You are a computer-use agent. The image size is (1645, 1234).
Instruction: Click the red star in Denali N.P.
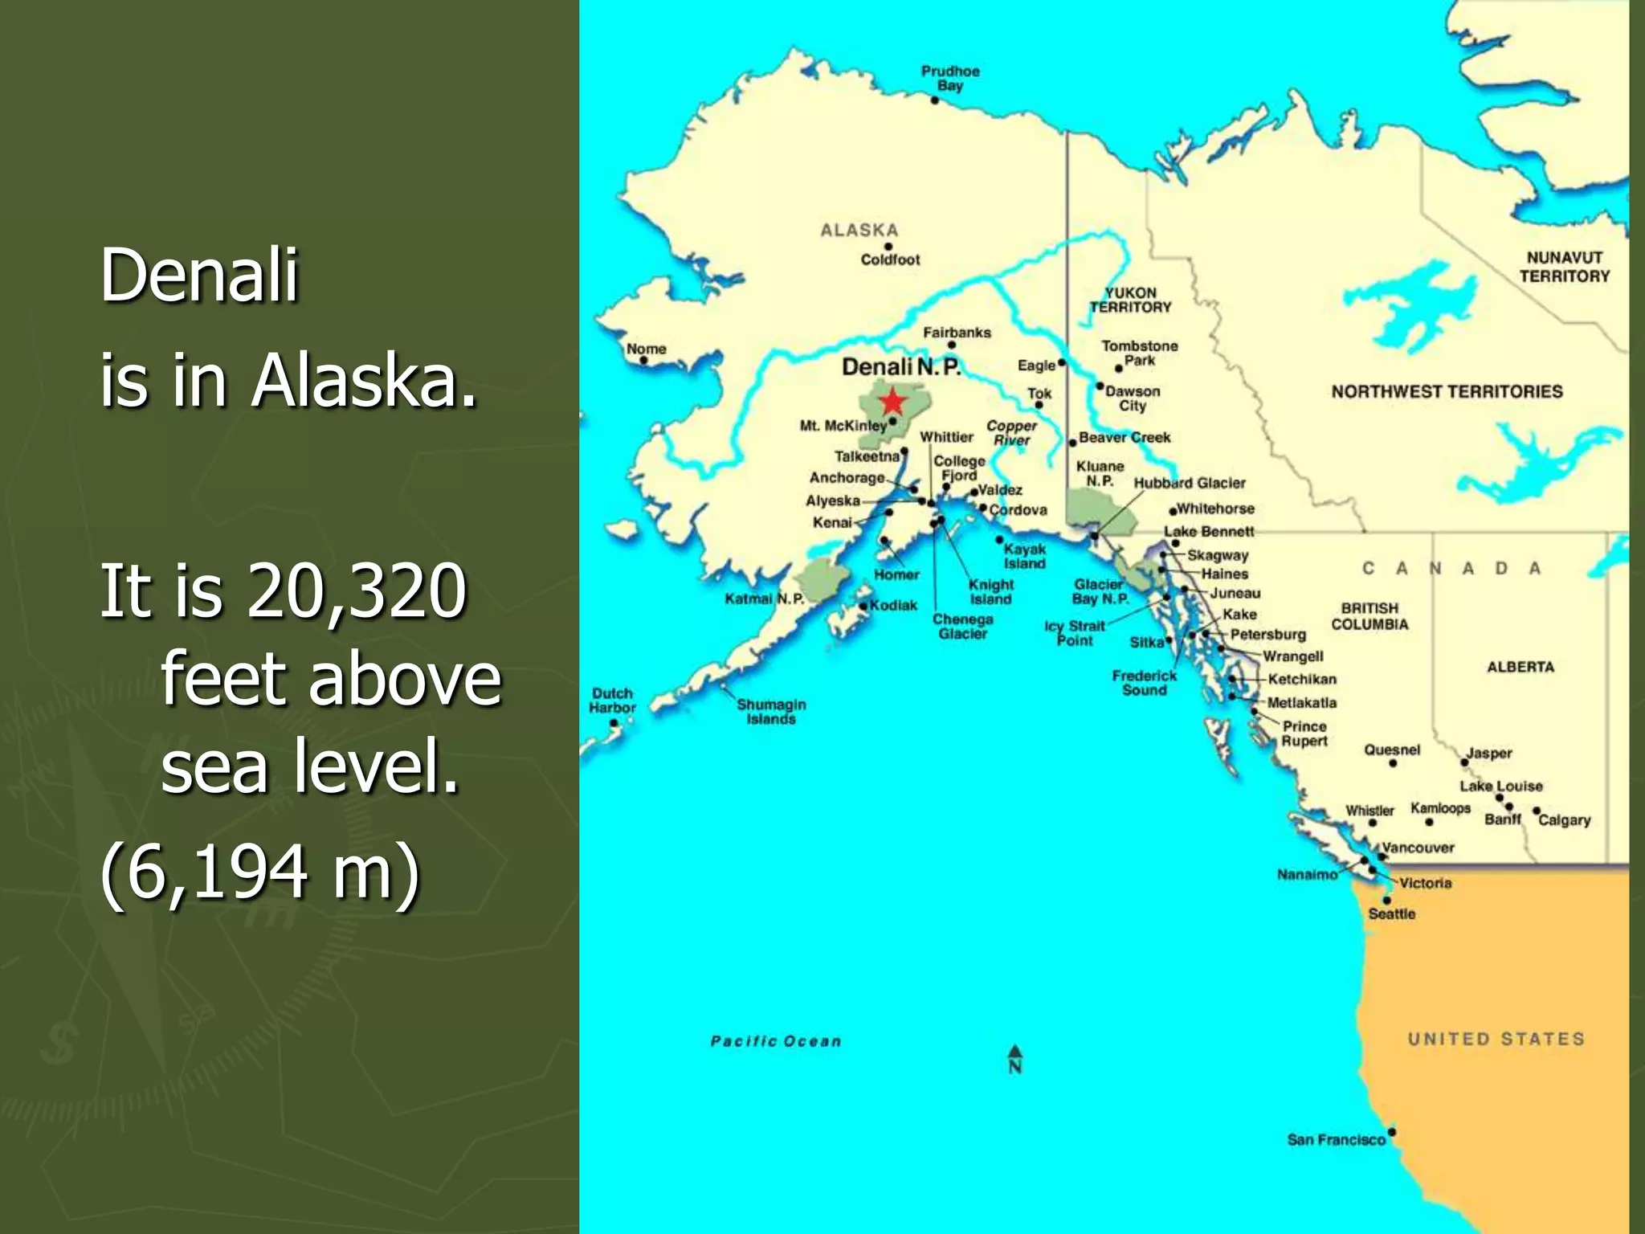point(892,401)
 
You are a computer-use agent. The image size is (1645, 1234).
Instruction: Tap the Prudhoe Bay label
point(950,78)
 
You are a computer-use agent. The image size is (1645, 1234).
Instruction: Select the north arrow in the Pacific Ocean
point(1015,1058)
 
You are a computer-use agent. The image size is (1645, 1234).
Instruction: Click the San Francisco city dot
point(1392,1132)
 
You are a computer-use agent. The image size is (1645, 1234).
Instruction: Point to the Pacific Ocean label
point(776,1041)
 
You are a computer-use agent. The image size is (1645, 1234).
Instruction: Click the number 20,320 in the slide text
point(357,591)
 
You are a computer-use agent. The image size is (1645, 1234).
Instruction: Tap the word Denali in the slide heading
point(199,275)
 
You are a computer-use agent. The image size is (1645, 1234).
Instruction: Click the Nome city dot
point(643,361)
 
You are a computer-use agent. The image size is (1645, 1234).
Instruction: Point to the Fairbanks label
point(957,333)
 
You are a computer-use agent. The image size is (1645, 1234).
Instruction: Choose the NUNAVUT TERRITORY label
point(1564,267)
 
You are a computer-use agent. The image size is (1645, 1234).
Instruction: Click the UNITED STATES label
point(1496,1039)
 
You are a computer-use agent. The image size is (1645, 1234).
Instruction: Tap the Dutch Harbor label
point(612,700)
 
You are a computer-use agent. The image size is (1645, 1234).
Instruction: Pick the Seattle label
point(1392,914)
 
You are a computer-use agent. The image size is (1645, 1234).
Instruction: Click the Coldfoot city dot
point(888,247)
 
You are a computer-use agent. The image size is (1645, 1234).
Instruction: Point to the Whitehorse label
point(1215,509)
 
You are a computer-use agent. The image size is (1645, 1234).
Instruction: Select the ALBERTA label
point(1521,667)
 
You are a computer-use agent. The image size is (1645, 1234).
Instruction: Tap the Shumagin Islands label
point(771,711)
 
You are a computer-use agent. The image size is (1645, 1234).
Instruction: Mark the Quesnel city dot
point(1393,763)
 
